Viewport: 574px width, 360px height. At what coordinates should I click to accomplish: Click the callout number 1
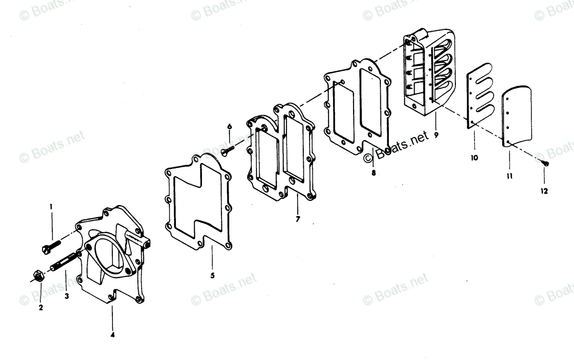click(x=51, y=207)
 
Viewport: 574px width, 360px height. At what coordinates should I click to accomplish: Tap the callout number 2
click(x=41, y=308)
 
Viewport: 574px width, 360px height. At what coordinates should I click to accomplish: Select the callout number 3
click(x=66, y=296)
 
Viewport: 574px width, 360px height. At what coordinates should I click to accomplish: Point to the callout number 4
click(x=112, y=335)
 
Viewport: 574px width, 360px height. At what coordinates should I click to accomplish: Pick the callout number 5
click(x=212, y=275)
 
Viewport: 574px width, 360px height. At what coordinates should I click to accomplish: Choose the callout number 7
click(x=298, y=219)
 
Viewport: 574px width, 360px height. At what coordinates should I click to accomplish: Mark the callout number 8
click(x=374, y=173)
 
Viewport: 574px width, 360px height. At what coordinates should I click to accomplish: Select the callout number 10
click(x=474, y=157)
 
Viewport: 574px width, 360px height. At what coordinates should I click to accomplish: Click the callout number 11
click(x=510, y=176)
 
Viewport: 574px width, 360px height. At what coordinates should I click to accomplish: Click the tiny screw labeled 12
click(x=545, y=164)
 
